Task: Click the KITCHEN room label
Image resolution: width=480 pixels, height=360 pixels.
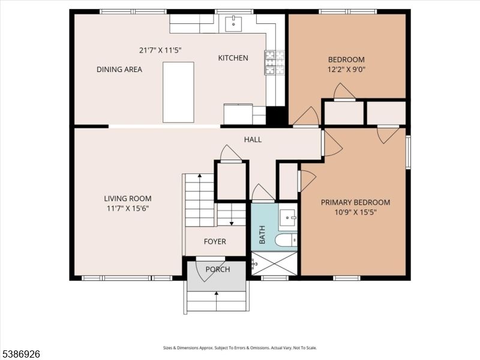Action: pos(233,58)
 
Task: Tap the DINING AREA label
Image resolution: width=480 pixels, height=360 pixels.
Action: pos(119,70)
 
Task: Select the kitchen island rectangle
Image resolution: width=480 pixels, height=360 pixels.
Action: pos(179,92)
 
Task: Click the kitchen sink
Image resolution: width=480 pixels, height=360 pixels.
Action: pos(232,23)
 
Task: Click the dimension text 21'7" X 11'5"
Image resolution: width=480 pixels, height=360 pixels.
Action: pos(160,50)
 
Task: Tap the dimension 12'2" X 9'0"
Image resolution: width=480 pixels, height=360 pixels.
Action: pos(346,70)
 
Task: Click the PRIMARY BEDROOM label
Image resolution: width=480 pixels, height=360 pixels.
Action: pos(355,202)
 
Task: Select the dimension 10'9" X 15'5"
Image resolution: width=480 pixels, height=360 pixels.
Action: pos(355,212)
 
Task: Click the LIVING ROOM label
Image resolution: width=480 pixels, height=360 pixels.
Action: pos(127,199)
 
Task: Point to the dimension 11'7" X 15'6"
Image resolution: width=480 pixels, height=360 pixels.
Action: pos(127,209)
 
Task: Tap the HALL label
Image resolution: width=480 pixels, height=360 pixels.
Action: pos(253,140)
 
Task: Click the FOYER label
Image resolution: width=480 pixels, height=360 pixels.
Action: pos(215,242)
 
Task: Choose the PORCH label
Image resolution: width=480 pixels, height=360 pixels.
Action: pos(218,269)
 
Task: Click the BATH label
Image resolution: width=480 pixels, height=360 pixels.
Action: pos(262,236)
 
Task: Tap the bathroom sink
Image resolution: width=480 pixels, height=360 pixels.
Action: pos(287,217)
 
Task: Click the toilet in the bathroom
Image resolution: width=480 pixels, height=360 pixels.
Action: pos(284,241)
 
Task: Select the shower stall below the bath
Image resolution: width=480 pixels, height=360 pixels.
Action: pos(274,263)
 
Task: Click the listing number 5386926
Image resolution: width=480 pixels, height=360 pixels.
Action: pos(21,355)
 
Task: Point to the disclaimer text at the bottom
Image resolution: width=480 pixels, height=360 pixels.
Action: pos(240,348)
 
